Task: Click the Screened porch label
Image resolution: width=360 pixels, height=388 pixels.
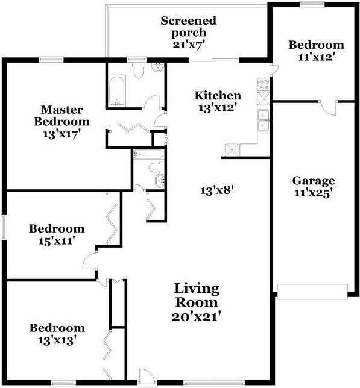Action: [188, 27]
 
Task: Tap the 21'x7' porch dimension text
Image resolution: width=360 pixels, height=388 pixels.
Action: [189, 45]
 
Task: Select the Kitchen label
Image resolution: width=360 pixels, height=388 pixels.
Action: [218, 96]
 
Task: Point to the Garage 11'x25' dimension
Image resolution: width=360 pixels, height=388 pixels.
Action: [314, 193]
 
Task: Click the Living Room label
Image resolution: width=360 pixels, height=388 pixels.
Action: [197, 295]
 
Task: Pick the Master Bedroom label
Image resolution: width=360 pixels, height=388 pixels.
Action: [62, 116]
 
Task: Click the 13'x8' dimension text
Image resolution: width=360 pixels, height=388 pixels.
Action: [217, 191]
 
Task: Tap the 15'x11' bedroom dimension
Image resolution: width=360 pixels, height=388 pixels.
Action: [57, 241]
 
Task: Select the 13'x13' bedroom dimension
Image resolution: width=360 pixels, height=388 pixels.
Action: [57, 340]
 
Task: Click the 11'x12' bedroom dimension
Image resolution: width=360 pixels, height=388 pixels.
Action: [317, 57]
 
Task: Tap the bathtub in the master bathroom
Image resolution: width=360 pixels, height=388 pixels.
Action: [117, 91]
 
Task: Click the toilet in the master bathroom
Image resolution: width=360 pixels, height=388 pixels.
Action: [138, 70]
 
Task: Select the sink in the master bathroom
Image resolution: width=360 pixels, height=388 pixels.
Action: [157, 67]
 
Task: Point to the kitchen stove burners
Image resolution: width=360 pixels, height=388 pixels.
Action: [264, 84]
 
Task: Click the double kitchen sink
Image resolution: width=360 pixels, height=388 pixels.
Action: [263, 120]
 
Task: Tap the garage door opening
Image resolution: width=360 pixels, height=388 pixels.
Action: [312, 292]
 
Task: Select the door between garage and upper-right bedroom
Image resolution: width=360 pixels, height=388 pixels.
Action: [328, 108]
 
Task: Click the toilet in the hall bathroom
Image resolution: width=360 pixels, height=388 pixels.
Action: [156, 167]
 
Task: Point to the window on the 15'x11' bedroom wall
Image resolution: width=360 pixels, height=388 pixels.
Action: [4, 227]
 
